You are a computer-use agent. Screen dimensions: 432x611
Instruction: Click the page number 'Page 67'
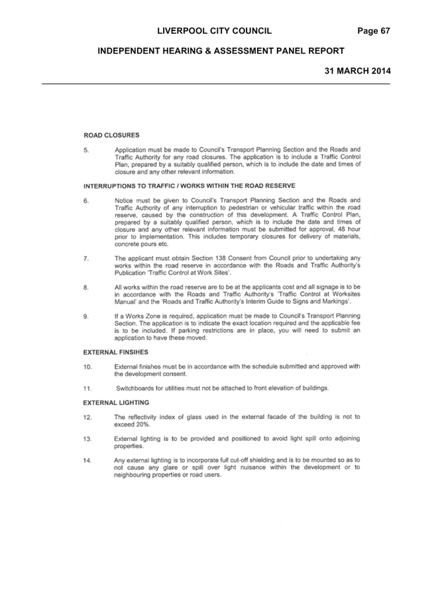[x=374, y=31]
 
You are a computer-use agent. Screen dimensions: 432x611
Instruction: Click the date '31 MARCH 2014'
[x=358, y=71]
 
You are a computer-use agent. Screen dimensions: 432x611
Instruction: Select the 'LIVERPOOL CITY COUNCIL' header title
[x=215, y=31]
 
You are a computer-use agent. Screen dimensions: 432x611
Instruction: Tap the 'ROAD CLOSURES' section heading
[x=111, y=135]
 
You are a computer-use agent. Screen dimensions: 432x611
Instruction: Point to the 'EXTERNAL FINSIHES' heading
[x=116, y=352]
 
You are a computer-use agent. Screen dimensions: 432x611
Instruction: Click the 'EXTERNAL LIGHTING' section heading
[x=116, y=402]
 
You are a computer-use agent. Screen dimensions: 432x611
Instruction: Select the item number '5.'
[x=86, y=150]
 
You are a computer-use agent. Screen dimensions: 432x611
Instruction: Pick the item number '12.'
[x=87, y=417]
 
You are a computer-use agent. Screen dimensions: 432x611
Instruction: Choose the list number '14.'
[x=87, y=461]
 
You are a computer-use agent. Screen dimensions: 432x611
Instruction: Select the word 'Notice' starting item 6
[x=124, y=201]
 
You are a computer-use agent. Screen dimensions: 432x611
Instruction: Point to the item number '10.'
[x=87, y=367]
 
